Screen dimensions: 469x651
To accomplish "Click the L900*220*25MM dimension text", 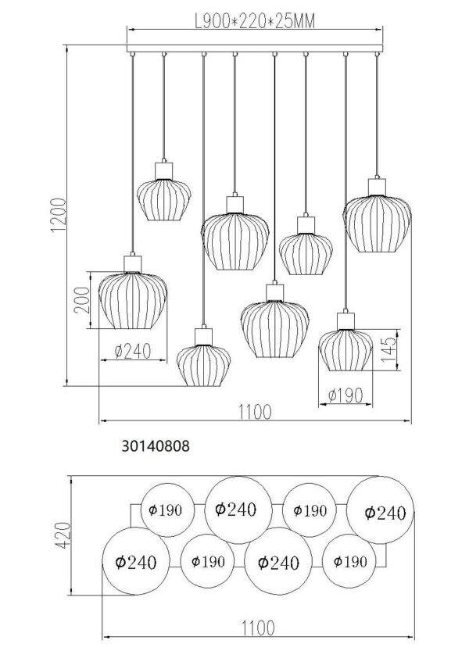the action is click(255, 21).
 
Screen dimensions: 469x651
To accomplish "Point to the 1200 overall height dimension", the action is click(59, 215).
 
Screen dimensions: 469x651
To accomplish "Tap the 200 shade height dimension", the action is click(82, 300).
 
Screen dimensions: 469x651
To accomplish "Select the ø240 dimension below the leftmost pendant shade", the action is click(133, 352).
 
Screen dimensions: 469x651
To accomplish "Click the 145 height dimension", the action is click(388, 349).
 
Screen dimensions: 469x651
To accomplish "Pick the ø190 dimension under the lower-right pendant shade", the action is click(345, 395).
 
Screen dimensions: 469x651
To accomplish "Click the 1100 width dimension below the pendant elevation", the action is click(255, 413).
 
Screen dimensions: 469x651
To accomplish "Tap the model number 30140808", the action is click(156, 446).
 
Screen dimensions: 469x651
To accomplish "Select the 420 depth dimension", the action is click(63, 535).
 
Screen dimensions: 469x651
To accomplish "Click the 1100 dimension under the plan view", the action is click(257, 628).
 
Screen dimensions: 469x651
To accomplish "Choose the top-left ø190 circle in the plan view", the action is click(167, 510).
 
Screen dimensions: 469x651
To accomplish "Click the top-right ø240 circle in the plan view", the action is click(381, 510).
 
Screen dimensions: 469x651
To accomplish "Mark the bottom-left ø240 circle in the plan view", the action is click(136, 561).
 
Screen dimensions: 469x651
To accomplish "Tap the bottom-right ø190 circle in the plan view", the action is click(349, 561).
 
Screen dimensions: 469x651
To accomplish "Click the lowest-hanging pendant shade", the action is click(203, 366).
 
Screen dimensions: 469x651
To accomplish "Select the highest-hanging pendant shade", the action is click(164, 200).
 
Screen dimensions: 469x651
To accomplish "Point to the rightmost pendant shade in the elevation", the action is click(377, 224).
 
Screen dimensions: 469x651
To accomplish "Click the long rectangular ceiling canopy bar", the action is click(255, 48).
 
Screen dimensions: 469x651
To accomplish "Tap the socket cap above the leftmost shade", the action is click(133, 264).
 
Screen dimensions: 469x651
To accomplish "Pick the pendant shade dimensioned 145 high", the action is click(345, 350).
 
